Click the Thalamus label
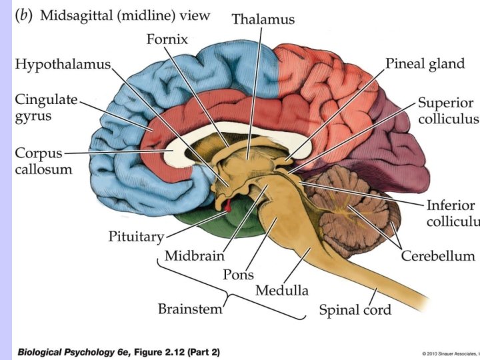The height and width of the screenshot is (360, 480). click(263, 19)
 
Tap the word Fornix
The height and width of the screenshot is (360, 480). click(167, 39)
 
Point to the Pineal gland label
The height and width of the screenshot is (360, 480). click(425, 64)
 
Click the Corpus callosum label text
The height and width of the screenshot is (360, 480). click(43, 161)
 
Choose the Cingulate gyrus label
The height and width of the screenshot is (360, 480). click(46, 107)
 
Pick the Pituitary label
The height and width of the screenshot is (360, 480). click(136, 237)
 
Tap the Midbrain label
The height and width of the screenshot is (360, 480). click(194, 255)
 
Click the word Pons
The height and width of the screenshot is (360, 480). click(238, 273)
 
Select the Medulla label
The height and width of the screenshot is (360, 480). click(282, 291)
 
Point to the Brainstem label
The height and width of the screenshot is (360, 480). click(190, 309)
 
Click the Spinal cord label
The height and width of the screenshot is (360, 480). click(355, 310)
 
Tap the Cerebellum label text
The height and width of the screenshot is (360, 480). click(437, 256)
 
